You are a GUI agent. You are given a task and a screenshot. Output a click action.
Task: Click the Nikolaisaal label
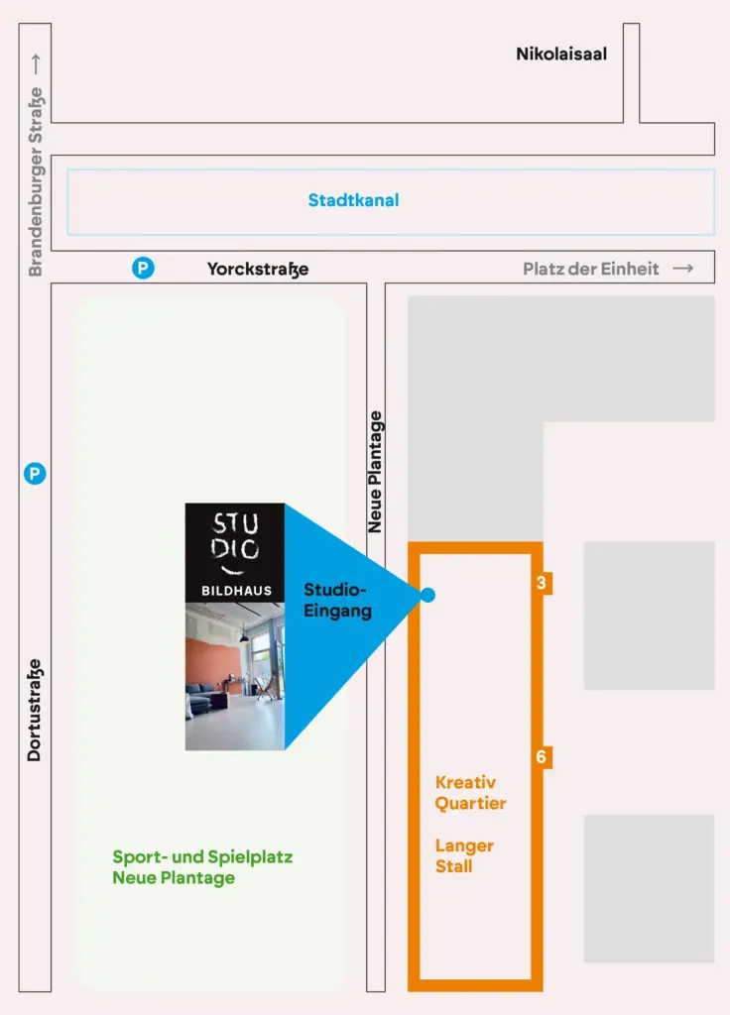[561, 54]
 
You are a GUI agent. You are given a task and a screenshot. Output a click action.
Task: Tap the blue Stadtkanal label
[354, 200]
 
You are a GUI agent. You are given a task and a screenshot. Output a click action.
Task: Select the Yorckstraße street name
[258, 269]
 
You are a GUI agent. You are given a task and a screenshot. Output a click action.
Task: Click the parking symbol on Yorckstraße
[143, 268]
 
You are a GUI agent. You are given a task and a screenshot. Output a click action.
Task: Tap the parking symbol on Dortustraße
[35, 473]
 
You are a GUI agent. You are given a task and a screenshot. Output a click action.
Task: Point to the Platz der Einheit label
[591, 269]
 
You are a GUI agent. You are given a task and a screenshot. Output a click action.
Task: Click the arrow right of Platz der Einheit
[682, 268]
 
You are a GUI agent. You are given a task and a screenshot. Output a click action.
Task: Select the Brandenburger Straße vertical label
[35, 182]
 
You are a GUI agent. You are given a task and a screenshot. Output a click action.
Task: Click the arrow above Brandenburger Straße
[36, 64]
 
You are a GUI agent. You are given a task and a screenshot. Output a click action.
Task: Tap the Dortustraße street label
[35, 710]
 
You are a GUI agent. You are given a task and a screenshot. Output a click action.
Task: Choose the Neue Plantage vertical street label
[375, 472]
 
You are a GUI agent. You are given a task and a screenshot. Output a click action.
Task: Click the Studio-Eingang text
[337, 600]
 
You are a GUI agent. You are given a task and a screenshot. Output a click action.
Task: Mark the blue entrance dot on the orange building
[427, 595]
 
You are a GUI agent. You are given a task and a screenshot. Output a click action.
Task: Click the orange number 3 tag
[542, 583]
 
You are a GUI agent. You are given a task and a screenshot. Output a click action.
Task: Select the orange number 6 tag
[542, 756]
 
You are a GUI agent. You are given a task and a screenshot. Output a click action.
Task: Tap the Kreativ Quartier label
[470, 793]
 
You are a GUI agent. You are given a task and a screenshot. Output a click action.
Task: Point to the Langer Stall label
[464, 855]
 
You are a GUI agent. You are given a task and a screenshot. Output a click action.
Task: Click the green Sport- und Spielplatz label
[202, 867]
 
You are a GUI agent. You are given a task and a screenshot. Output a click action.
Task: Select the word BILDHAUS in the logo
[236, 591]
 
